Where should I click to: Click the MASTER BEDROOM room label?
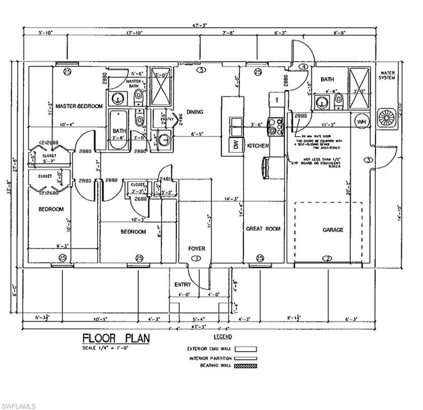(79, 106)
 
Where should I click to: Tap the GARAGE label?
(332, 230)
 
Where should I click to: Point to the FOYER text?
(196, 249)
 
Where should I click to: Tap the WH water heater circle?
(362, 122)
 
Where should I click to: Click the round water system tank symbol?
(386, 119)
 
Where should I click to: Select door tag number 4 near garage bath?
(303, 67)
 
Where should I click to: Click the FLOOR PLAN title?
(116, 338)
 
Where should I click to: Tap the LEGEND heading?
(222, 337)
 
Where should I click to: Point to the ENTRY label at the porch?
(183, 285)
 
